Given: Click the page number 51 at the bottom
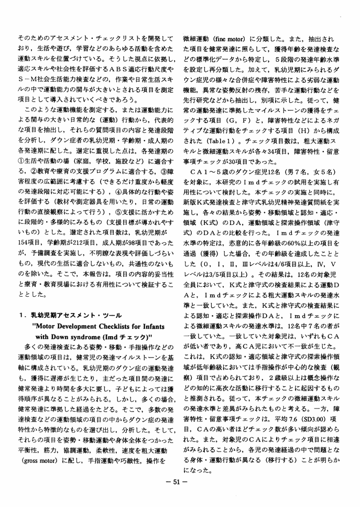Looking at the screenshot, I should coord(180,482).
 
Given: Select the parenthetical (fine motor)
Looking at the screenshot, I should coord(227,39).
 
